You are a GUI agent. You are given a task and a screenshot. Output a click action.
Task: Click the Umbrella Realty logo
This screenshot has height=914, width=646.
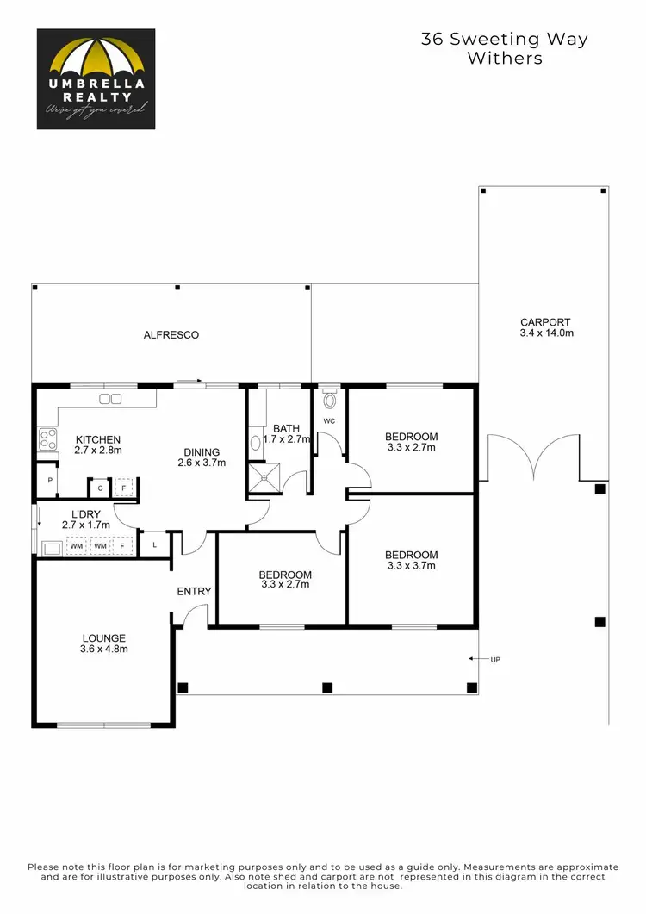(x=96, y=79)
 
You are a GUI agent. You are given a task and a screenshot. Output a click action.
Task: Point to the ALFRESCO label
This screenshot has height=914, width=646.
(x=171, y=335)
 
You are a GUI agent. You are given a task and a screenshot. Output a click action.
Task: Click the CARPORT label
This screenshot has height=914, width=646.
(x=545, y=322)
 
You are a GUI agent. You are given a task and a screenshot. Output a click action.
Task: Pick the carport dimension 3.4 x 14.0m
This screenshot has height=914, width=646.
(x=545, y=333)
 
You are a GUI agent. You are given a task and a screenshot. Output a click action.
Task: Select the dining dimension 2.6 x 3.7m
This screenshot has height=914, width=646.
(x=202, y=463)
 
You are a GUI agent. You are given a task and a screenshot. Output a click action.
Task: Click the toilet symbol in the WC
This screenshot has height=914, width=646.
(x=328, y=400)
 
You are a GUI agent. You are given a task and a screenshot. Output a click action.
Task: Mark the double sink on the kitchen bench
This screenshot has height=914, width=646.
(x=111, y=399)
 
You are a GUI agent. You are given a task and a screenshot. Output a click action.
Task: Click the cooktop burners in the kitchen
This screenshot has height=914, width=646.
(x=47, y=440)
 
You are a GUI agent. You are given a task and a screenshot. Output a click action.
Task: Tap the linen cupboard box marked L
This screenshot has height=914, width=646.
(x=153, y=544)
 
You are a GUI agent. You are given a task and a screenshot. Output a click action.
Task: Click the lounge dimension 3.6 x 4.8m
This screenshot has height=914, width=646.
(x=103, y=649)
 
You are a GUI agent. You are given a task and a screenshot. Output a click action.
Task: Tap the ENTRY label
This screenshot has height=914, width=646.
(x=194, y=591)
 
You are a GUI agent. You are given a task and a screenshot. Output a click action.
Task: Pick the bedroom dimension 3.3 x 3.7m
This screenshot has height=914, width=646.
(x=411, y=566)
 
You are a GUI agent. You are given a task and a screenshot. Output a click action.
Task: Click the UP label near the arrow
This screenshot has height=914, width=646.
(x=494, y=660)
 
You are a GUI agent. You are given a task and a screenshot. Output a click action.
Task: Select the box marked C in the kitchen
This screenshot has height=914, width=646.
(x=100, y=488)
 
